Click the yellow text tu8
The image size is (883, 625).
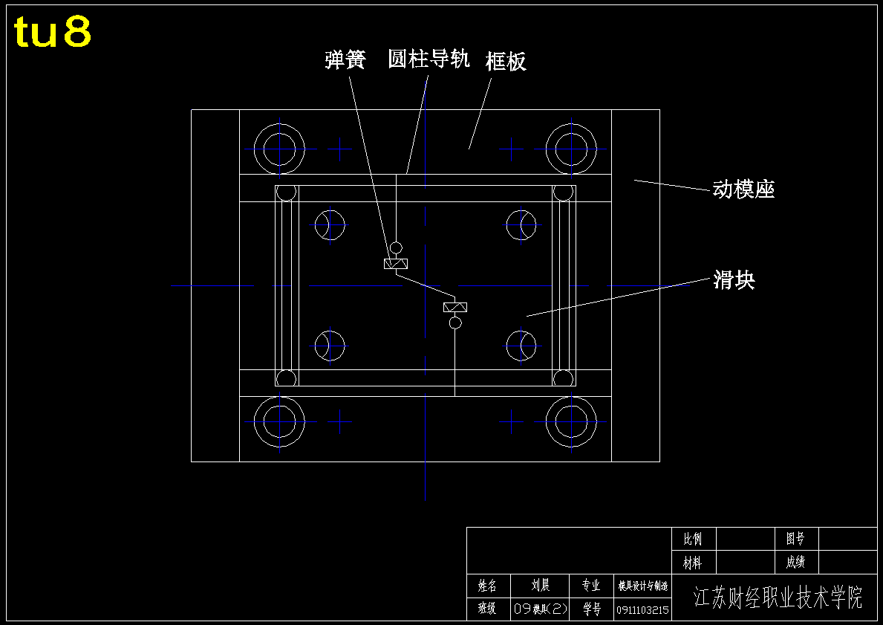[x=53, y=32]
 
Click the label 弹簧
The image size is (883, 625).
[x=345, y=59]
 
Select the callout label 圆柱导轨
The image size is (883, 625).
[x=429, y=59]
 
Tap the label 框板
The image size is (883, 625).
[x=506, y=61]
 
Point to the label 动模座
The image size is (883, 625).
[x=743, y=190]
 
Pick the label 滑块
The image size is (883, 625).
[x=734, y=280]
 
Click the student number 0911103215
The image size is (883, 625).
[x=642, y=610]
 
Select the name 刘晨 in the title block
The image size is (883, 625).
[x=541, y=586]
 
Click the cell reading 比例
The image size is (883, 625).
[x=693, y=539]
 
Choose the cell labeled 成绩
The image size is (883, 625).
[x=795, y=563]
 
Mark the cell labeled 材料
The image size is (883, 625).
[x=693, y=563]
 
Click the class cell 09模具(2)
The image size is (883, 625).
[x=540, y=609]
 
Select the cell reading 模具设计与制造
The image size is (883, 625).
[x=642, y=586]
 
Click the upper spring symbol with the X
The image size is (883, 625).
[x=396, y=264]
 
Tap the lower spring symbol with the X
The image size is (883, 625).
[x=455, y=307]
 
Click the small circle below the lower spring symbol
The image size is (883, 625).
[x=455, y=323]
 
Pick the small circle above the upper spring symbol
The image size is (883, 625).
[x=396, y=247]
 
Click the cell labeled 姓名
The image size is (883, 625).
[x=487, y=586]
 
